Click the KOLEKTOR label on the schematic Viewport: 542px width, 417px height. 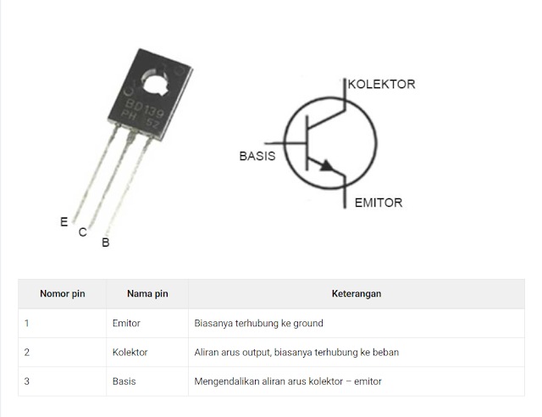tap(381, 84)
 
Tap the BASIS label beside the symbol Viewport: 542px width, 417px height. tap(257, 156)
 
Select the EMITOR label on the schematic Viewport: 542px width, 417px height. tap(379, 203)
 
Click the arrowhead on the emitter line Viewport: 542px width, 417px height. tap(327, 165)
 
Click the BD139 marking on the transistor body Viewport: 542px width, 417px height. tap(145, 108)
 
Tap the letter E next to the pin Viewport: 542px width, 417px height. tap(64, 222)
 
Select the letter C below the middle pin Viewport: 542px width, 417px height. tap(83, 232)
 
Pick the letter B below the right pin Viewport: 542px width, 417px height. tap(106, 242)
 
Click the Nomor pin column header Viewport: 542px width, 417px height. tap(63, 294)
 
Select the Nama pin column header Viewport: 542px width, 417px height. tap(147, 294)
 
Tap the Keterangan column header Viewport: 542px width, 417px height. tap(357, 294)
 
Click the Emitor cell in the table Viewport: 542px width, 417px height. tap(126, 323)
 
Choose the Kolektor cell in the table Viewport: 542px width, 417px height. tap(130, 353)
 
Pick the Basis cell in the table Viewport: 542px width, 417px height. tap(124, 381)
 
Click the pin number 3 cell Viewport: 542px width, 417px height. tap(27, 381)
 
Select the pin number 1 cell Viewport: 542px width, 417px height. tap(26, 323)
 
